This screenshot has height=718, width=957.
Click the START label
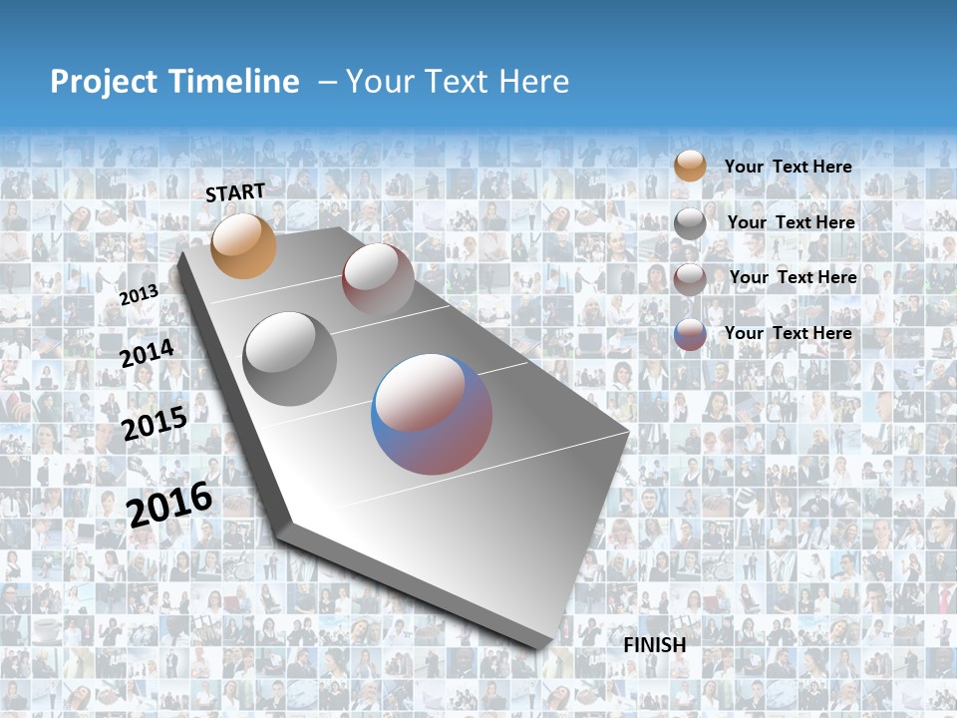tap(235, 192)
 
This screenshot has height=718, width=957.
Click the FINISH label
tap(655, 645)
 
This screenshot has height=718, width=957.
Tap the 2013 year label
tap(140, 294)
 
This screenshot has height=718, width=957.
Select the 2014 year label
tap(148, 353)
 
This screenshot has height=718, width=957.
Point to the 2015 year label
tap(155, 424)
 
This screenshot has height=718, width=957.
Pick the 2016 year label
tap(170, 504)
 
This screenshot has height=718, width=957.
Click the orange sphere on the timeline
tap(243, 245)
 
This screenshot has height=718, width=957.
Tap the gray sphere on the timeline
tap(289, 358)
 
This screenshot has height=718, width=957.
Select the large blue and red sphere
tap(431, 414)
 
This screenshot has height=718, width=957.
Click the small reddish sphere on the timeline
tap(378, 279)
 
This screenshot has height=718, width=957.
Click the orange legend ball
tap(690, 166)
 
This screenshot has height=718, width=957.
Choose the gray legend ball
tap(690, 223)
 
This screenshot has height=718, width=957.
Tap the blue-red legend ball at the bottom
tap(690, 335)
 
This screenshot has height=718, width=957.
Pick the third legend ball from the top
tap(690, 279)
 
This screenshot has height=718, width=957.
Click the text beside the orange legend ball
tap(788, 167)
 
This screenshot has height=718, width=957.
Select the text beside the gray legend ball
tap(791, 222)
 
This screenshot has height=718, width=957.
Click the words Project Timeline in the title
tap(174, 82)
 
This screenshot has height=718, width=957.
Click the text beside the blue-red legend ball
tap(788, 333)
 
